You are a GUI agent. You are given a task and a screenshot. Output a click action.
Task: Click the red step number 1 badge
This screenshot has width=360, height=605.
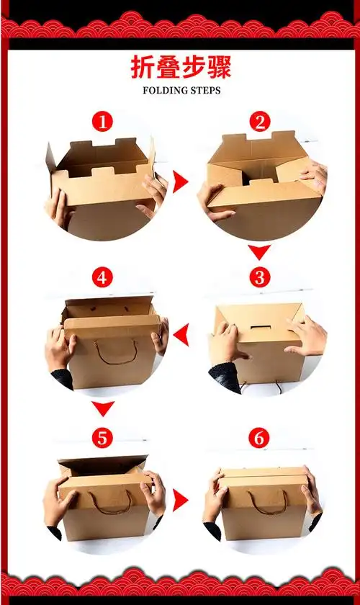[102, 122]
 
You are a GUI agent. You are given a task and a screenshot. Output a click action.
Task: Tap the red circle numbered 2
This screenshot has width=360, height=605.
[260, 122]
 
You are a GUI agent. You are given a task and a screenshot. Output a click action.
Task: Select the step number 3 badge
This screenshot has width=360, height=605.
[260, 277]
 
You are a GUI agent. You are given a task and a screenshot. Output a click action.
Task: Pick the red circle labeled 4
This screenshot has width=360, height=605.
[102, 277]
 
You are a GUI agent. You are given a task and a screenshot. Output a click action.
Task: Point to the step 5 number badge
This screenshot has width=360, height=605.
[102, 438]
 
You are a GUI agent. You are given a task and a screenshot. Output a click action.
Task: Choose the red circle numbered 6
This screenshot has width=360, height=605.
[259, 438]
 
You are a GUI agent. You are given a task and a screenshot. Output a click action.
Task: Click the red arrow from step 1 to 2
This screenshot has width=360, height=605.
[180, 182]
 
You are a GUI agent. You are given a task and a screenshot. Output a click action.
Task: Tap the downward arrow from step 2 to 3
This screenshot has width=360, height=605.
[259, 252]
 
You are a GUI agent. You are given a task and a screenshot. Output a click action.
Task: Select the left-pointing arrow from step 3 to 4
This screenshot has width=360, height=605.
[181, 335]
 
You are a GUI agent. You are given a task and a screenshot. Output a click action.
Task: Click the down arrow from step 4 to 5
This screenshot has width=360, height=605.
[103, 408]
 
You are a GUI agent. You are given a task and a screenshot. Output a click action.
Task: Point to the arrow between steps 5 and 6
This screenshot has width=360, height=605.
[180, 500]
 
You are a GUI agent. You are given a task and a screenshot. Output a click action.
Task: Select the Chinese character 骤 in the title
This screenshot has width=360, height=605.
[219, 67]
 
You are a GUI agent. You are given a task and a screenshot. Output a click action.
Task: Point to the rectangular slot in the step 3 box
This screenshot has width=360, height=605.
[260, 328]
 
